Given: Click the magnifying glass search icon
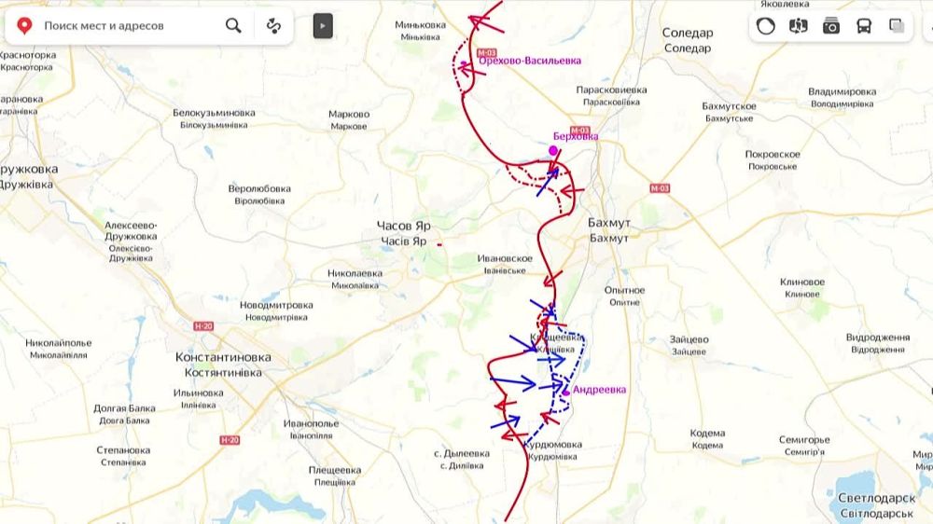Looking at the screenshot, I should click(233, 25).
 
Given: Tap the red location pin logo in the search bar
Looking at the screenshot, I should click(25, 25).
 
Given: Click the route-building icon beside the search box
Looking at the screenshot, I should click(273, 25).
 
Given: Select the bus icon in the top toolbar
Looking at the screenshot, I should click(864, 26).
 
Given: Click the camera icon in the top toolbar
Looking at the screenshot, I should click(831, 26).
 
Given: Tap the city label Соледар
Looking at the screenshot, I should click(688, 34).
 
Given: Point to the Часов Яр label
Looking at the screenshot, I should click(403, 227).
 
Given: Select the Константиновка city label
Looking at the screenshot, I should click(223, 357).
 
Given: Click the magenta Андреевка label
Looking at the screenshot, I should click(599, 390).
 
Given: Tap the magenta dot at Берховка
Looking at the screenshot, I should click(553, 150).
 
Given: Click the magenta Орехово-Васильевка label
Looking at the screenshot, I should click(530, 61).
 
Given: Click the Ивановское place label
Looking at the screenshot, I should click(504, 258).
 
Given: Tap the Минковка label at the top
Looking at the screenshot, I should click(420, 24).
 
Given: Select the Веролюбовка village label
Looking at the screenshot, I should click(259, 188).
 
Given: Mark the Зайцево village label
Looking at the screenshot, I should click(689, 339).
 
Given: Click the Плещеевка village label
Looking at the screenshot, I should click(335, 470).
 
